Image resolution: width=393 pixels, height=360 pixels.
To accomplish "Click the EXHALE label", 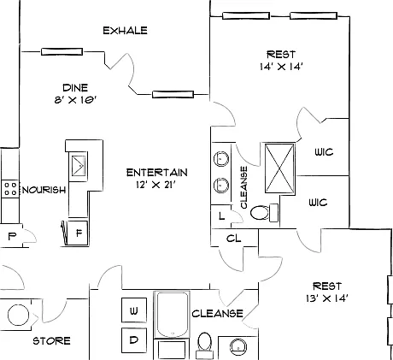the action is pos(125,31).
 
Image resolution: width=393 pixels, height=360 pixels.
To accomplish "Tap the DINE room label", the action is pos(75,87).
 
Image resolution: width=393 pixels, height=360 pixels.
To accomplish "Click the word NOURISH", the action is pos(44,190).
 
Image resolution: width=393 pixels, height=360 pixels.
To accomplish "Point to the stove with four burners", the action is pos(10,189).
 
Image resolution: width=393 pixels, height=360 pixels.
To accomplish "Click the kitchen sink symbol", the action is pos(78,166).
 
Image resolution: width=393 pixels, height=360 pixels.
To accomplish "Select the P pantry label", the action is pos(11,236).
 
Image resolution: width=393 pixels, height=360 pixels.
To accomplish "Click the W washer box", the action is pos(134,310).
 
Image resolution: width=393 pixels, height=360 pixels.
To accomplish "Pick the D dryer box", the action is pos(134,339).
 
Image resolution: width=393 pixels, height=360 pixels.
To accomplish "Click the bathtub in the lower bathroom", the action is pos(172,315).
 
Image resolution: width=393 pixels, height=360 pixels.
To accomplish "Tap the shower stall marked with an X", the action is pos(279,168).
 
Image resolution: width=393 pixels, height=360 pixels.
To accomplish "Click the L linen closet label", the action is pos(221,216).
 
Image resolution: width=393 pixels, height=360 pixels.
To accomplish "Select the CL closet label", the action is pos(234,239).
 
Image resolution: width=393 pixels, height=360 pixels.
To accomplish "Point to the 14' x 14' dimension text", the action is pos(281,67).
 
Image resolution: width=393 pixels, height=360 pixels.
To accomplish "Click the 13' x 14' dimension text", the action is pos(327,298).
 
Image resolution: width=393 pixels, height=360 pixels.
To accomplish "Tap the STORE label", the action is pos(51,341).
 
